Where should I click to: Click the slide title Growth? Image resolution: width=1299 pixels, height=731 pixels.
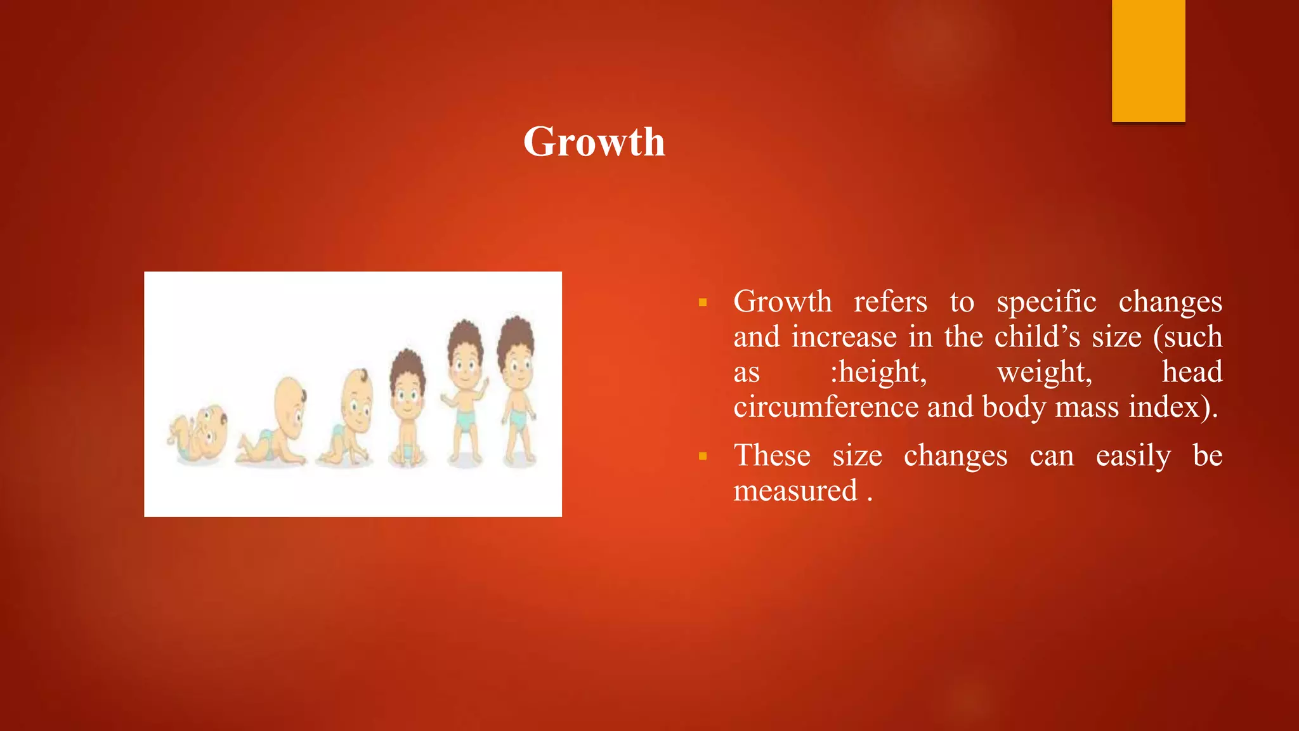tap(594, 141)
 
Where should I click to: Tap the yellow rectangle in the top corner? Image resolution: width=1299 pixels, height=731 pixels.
tap(1148, 60)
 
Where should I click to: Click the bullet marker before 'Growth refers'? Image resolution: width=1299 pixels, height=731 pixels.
tap(702, 303)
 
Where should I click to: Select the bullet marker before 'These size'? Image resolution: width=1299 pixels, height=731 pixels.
tap(702, 456)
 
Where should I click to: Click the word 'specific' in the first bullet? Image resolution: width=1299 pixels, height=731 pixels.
tap(1046, 302)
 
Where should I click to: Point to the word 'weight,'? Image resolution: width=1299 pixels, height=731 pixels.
tap(1044, 372)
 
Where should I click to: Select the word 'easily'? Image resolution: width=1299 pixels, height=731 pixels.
tap(1133, 456)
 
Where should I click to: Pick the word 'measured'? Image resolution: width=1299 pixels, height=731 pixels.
tap(795, 491)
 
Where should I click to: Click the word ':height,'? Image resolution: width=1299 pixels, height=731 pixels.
tap(878, 372)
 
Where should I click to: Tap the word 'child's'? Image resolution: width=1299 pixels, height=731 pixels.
tap(1036, 337)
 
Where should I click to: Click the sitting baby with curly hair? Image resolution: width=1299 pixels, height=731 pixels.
tap(407, 409)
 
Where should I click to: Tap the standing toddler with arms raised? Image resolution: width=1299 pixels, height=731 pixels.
tap(465, 393)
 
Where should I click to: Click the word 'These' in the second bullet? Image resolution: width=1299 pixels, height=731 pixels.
tap(772, 456)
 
